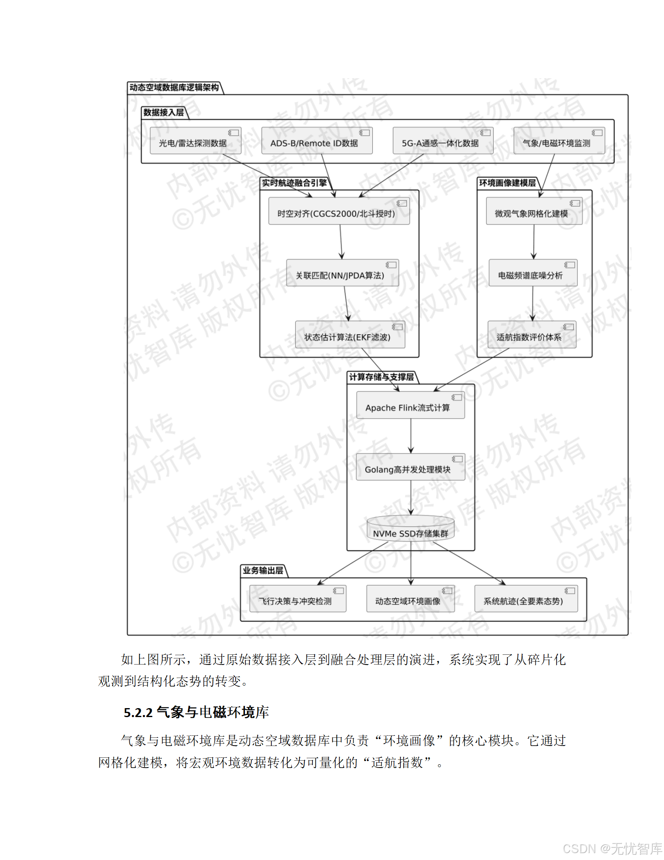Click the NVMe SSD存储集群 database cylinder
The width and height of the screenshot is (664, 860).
coord(410,529)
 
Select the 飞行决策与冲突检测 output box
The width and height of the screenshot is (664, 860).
coord(297,599)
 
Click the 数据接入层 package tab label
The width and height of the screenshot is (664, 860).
coord(164,112)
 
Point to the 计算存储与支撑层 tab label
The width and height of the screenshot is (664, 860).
coord(381,377)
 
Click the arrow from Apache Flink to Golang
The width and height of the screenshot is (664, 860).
coord(411,436)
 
